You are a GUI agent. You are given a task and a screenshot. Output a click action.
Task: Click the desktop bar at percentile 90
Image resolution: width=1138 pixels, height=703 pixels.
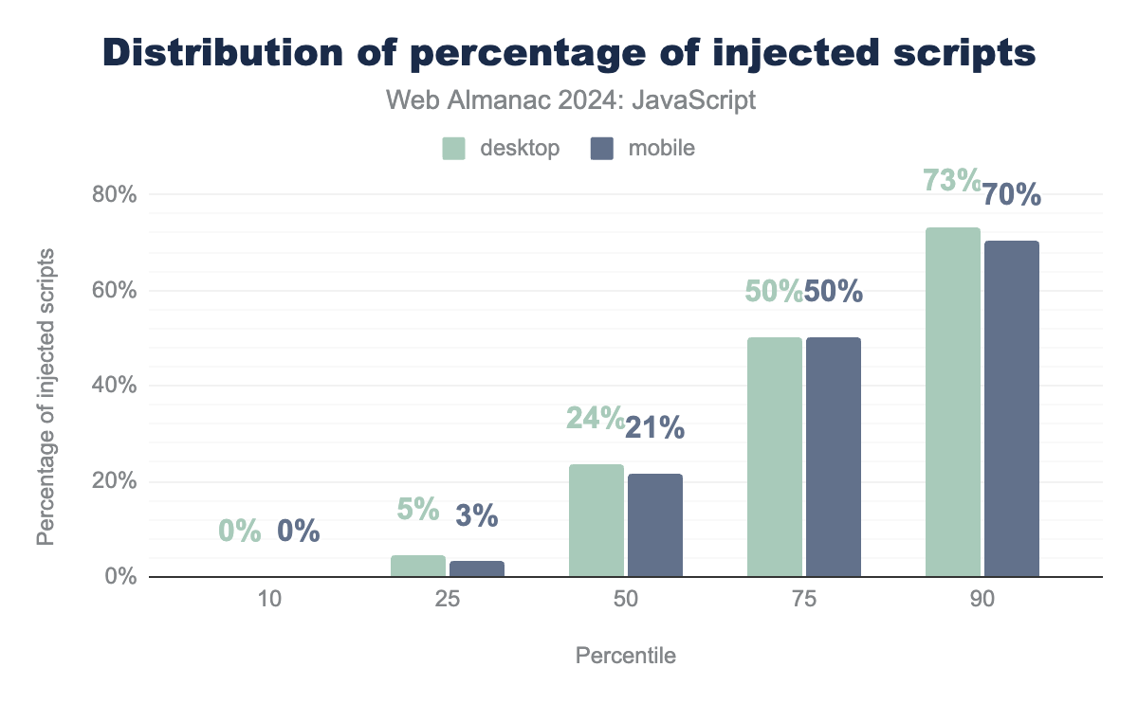coord(952,402)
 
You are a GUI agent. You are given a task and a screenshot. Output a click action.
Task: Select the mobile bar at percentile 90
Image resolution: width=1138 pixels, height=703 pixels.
coord(1011,408)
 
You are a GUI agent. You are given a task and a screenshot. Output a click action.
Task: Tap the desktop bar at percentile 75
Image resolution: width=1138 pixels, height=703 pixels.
coord(774,457)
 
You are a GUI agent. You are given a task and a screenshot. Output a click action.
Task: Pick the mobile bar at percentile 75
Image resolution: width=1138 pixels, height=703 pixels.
coord(833,457)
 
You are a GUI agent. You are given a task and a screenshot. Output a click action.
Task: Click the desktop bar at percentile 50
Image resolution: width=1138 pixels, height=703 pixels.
coord(596,520)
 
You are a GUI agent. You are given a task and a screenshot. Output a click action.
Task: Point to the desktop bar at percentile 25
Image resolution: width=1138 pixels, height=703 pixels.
coord(417,566)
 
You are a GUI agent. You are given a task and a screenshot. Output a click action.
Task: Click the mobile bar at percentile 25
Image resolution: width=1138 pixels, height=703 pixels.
coord(476,568)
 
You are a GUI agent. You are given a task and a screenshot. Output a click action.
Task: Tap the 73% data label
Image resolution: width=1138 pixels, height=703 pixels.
coord(951,180)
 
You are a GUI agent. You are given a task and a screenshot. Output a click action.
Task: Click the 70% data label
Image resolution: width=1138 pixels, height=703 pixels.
coord(1011,195)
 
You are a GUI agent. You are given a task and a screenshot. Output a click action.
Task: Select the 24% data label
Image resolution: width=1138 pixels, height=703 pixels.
coord(595,417)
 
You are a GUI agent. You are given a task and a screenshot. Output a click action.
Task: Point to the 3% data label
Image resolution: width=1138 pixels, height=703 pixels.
coord(476,515)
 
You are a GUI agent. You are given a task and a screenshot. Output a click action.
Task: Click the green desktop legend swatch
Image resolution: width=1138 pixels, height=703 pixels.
coord(453,149)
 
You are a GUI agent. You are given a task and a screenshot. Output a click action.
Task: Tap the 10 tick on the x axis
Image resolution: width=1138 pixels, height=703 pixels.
coord(268,601)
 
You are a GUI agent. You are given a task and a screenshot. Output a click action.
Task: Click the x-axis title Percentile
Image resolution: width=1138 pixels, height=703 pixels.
coord(625,656)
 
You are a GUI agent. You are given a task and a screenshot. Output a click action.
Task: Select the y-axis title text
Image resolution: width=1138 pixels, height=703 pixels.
coord(45,397)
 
